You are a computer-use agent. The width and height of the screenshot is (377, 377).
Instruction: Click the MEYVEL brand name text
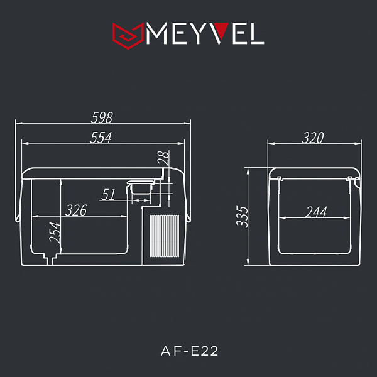click(204, 34)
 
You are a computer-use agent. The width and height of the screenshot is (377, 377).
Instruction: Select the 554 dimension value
click(101, 138)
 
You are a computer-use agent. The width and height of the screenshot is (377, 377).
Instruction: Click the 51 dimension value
click(109, 195)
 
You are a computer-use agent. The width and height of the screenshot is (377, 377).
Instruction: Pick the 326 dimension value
click(76, 210)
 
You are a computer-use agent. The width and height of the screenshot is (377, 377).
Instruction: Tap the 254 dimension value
click(55, 234)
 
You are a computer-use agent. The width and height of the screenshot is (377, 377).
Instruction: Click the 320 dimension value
click(312, 138)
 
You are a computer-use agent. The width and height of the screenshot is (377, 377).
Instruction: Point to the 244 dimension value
click(315, 212)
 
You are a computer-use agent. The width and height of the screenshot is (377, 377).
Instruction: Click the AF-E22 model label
click(188, 351)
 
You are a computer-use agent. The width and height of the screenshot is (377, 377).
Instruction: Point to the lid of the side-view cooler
click(314, 172)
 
